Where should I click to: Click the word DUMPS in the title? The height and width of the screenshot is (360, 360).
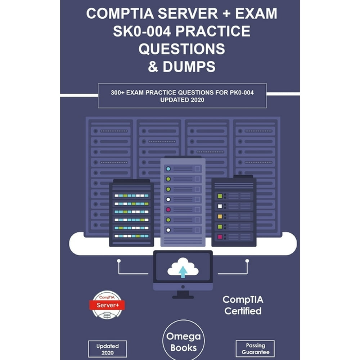(189, 67)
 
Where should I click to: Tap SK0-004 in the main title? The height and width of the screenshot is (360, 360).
(141, 31)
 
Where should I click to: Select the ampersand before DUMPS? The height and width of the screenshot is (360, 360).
(153, 67)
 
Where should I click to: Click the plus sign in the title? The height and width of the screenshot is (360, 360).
(226, 13)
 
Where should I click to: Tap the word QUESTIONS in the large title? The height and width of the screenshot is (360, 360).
(181, 49)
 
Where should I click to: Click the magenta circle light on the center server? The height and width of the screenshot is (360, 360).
(168, 210)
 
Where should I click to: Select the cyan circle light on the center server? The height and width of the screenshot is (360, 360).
(168, 169)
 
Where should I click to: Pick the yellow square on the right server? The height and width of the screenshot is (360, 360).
(220, 216)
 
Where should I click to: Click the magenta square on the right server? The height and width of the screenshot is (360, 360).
(220, 237)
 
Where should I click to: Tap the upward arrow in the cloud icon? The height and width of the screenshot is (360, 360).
(183, 271)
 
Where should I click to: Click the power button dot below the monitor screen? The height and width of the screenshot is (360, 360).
(183, 287)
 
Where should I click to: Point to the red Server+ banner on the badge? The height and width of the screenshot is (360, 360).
(107, 305)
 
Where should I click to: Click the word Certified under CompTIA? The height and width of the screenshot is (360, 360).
(243, 311)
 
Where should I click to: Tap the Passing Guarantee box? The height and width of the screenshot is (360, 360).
(255, 349)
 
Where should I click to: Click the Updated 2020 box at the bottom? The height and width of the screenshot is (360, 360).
(107, 349)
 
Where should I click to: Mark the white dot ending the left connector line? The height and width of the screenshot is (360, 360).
(119, 261)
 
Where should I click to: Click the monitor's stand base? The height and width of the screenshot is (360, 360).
(183, 297)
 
